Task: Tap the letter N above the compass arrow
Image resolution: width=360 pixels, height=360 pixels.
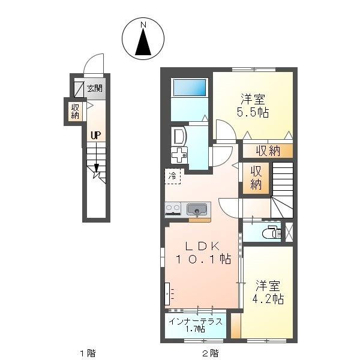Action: coord(143,25)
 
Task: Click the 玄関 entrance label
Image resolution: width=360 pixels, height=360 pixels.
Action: coord(95,88)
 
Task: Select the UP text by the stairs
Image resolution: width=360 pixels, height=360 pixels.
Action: coord(96,136)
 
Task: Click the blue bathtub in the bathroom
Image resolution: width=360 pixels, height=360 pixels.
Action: coord(190,88)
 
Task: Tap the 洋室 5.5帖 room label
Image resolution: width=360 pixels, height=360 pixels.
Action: coord(253,106)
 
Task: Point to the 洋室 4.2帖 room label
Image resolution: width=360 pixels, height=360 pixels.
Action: coord(268,292)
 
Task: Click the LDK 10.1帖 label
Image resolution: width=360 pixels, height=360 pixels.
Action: coord(203,253)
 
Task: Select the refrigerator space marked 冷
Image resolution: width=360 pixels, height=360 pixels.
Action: coord(172,176)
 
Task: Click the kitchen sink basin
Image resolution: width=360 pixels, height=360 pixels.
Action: coord(197,209)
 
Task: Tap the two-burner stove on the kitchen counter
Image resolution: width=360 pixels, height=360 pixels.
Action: coord(173,209)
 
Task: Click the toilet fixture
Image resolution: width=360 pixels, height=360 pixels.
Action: coord(272,232)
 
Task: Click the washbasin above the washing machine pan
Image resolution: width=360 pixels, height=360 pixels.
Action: coord(179,136)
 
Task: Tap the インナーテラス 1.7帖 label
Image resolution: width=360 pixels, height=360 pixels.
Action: coord(196,325)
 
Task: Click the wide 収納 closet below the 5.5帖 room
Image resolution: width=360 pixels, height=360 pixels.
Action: coord(268,151)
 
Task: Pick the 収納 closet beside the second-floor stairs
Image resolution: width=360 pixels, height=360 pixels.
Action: coord(256,178)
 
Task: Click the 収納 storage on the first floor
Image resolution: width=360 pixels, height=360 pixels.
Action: coord(75,112)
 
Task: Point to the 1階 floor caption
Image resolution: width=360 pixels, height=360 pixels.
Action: coord(88,353)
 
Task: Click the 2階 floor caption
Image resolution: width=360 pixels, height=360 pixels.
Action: coord(211,353)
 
